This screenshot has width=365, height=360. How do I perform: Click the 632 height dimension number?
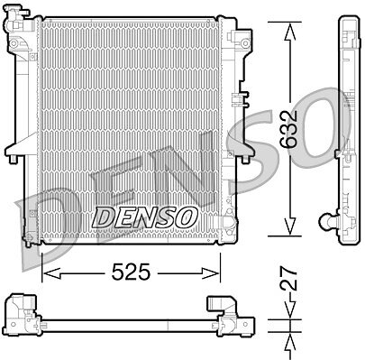click(x=288, y=129)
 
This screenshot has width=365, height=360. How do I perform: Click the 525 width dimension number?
click(x=131, y=272)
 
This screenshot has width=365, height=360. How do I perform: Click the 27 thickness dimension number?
click(x=288, y=279)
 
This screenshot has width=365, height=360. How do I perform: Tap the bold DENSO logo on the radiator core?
click(x=145, y=217)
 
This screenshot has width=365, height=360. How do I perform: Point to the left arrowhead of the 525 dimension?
click(x=51, y=273)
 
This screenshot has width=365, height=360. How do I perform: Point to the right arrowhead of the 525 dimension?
click(x=210, y=273)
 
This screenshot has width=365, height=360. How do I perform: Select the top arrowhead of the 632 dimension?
click(x=290, y=32)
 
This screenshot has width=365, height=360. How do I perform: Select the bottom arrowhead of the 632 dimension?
click(x=290, y=226)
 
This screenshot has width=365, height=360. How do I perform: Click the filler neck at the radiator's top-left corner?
click(x=15, y=18)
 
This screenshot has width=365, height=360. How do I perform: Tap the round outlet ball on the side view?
click(x=325, y=221)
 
